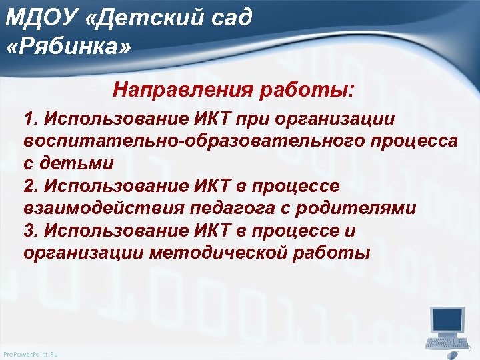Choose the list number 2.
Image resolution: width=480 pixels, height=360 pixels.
coord(29,185)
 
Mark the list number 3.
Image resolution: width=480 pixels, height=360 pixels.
coord(29,231)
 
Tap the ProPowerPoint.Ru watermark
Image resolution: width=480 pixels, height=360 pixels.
coord(31,354)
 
